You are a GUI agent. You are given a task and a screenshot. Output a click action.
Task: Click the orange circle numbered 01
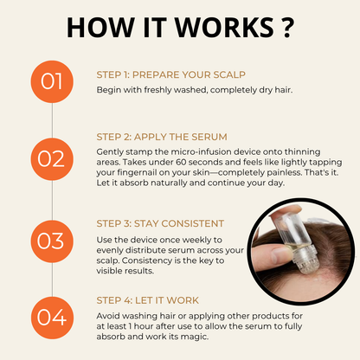(53, 83)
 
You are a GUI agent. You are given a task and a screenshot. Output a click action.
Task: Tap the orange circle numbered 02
(53, 157)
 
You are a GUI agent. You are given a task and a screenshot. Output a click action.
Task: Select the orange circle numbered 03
(53, 238)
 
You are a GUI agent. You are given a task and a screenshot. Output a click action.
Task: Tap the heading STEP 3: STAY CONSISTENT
(160, 223)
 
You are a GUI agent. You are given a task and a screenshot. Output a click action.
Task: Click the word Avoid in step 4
(109, 314)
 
